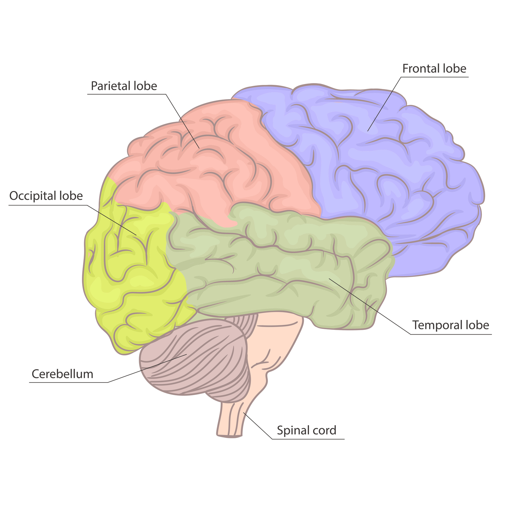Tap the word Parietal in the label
[111, 86]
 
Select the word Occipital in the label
[33, 196]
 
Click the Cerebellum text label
[63, 374]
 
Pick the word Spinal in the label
[290, 430]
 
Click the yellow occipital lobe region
[131, 268]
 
